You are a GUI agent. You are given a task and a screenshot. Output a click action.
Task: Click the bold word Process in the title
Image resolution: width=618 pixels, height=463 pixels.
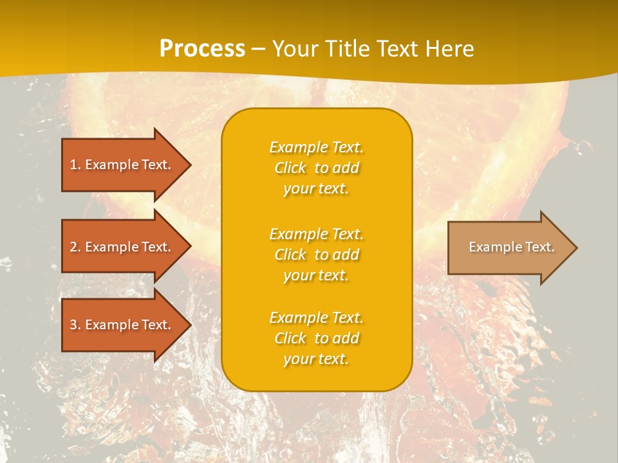pyautogui.click(x=202, y=49)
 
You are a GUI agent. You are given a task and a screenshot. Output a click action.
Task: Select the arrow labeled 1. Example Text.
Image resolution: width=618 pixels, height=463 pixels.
pyautogui.click(x=122, y=165)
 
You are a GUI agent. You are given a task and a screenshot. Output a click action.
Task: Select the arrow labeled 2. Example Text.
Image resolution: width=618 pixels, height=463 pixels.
pyautogui.click(x=122, y=247)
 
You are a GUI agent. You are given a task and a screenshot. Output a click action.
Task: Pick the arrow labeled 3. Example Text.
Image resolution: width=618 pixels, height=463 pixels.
pyautogui.click(x=122, y=325)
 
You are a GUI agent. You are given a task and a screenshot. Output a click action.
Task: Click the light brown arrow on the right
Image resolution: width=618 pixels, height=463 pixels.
pyautogui.click(x=509, y=248)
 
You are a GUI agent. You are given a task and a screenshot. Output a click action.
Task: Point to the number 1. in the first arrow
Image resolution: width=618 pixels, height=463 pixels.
pyautogui.click(x=75, y=165)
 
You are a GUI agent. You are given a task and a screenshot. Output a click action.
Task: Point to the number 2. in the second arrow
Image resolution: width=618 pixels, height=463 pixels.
pyautogui.click(x=75, y=247)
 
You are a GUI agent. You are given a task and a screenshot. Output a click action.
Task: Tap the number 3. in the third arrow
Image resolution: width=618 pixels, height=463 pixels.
pyautogui.click(x=75, y=325)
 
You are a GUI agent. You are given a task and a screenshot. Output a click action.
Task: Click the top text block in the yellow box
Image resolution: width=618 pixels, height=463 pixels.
pyautogui.click(x=316, y=168)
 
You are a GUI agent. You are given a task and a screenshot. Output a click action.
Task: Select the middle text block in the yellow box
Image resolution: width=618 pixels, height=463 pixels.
pyautogui.click(x=316, y=255)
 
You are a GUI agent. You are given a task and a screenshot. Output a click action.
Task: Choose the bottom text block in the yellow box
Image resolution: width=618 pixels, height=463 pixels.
pyautogui.click(x=316, y=338)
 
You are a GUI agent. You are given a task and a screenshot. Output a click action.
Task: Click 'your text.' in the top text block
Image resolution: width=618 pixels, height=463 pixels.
pyautogui.click(x=316, y=188)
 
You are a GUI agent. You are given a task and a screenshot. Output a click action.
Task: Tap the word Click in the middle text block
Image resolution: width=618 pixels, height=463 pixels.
pyautogui.click(x=290, y=255)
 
